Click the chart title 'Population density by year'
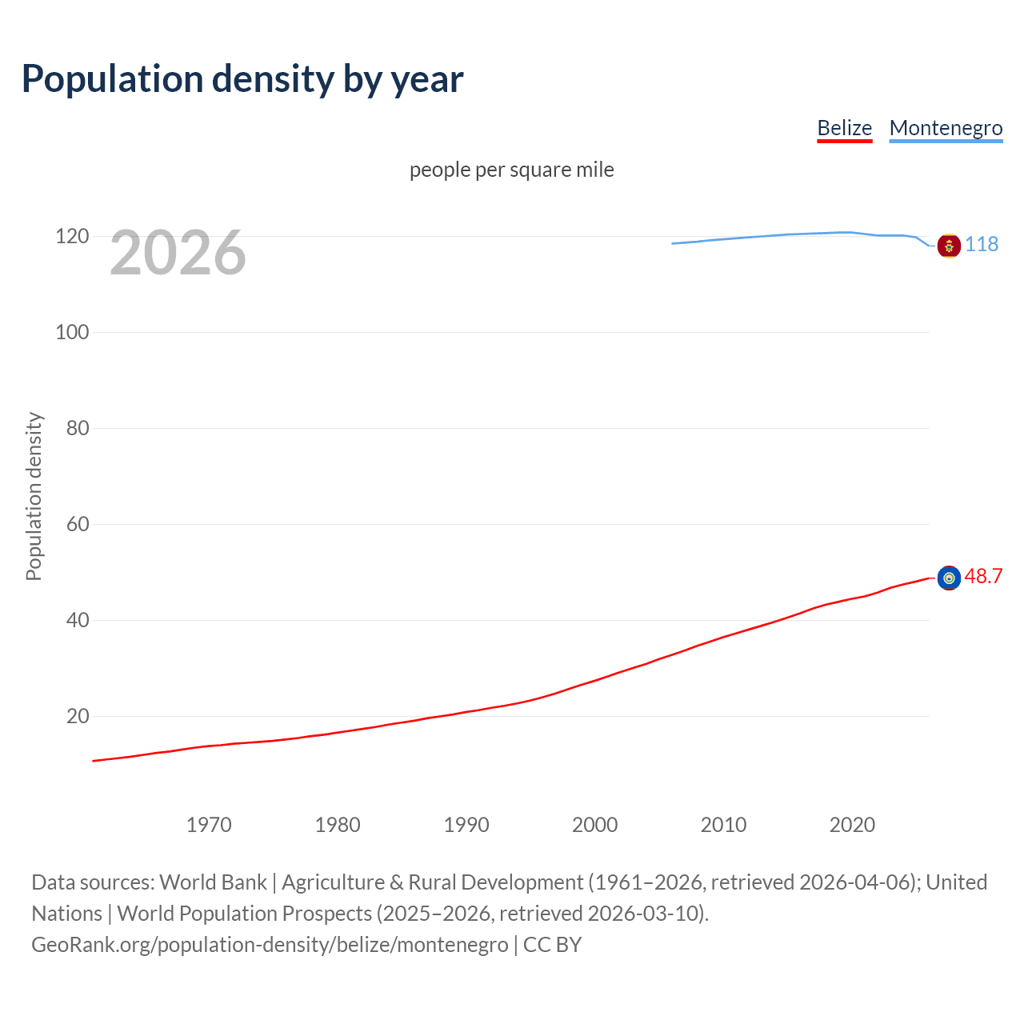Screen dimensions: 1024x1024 pos(242,79)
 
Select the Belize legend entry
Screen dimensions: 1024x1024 pos(844,128)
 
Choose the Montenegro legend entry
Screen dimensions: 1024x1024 pos(946,128)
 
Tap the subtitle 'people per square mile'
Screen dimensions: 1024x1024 pos(511,170)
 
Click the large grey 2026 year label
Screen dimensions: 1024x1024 pos(178,253)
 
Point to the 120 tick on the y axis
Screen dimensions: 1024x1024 pos(72,237)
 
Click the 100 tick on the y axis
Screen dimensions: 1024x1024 pos(72,332)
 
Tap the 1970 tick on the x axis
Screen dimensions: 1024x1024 pos(209,825)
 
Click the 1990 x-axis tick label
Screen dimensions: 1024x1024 pos(466,825)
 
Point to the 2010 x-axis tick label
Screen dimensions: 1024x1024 pos(723,825)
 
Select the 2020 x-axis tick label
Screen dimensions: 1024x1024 pos(852,825)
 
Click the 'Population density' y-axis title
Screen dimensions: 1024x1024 pos(34,496)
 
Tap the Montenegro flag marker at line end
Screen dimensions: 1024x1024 pos(949,246)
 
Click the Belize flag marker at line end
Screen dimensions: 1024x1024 pos(949,578)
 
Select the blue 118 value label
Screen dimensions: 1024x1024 pos(982,244)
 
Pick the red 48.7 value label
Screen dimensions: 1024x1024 pos(983,576)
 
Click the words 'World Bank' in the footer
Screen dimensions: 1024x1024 pos(213,882)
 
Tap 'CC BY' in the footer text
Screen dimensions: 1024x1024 pos(552,945)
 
